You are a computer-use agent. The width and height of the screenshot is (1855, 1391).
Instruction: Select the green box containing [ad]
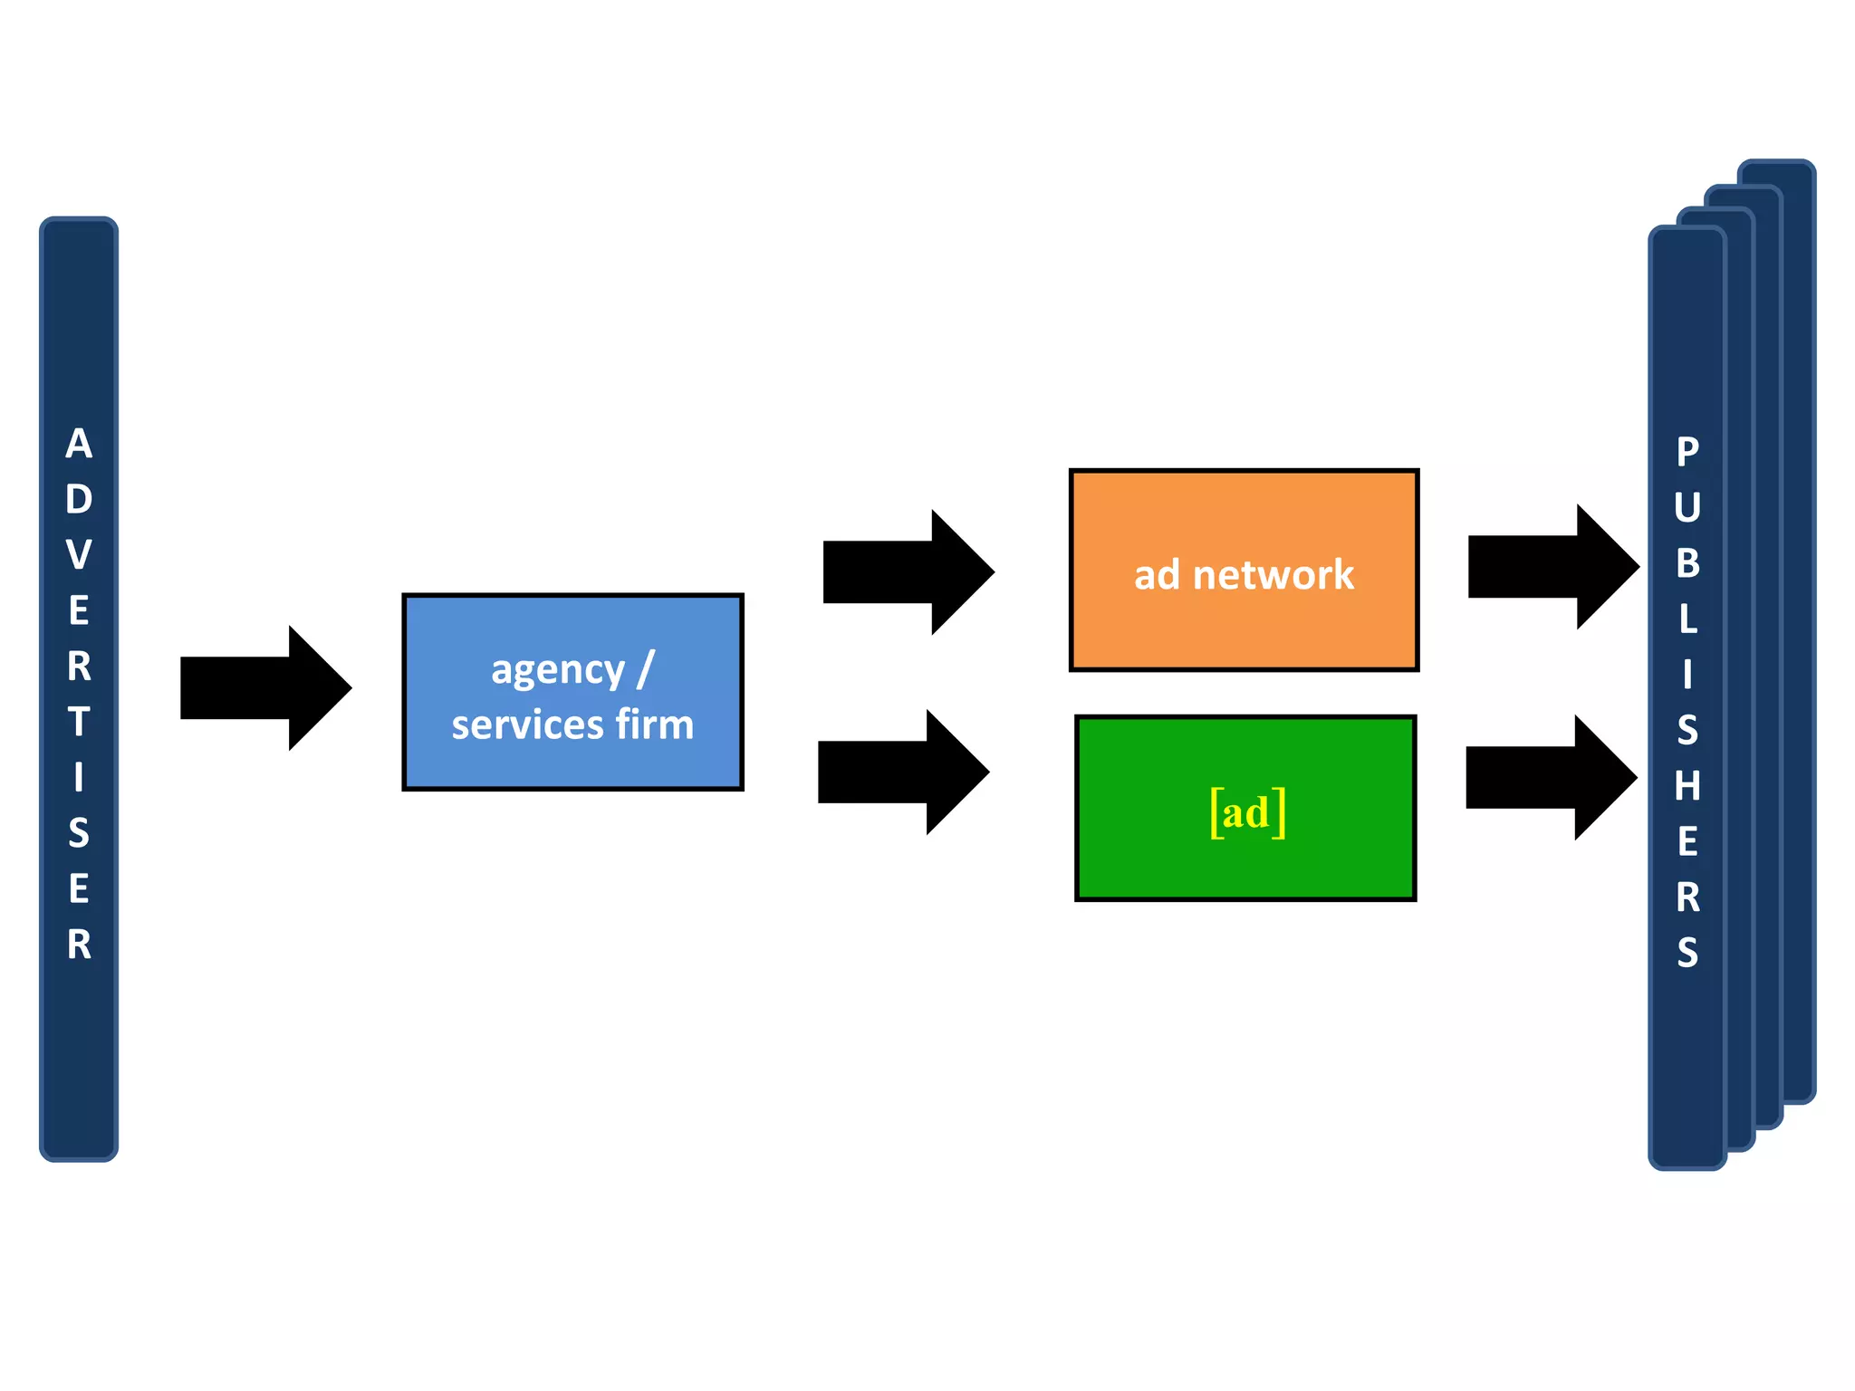[x=1245, y=860]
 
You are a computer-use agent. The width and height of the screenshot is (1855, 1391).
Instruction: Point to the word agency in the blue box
[x=558, y=671]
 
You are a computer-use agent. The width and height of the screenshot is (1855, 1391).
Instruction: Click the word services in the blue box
[x=527, y=725]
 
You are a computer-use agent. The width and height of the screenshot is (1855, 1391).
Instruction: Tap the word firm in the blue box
[x=654, y=725]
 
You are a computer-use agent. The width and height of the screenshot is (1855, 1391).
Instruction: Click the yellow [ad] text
[x=1247, y=812]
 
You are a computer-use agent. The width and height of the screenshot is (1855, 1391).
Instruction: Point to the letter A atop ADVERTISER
[x=79, y=444]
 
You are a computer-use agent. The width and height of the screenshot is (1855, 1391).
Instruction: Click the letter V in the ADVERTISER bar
[x=79, y=555]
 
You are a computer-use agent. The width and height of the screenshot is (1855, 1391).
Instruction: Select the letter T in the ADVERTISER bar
[x=79, y=722]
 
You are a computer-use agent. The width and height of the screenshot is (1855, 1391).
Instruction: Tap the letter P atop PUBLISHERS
[x=1687, y=451]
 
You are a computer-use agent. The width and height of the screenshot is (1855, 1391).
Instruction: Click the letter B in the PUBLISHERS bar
[x=1687, y=563]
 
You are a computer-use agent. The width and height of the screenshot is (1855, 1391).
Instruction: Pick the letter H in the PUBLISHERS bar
[x=1687, y=786]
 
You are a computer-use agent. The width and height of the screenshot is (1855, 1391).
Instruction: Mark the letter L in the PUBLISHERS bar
[x=1687, y=619]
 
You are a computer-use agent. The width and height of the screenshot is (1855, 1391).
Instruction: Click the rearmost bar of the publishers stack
[x=1799, y=634]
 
